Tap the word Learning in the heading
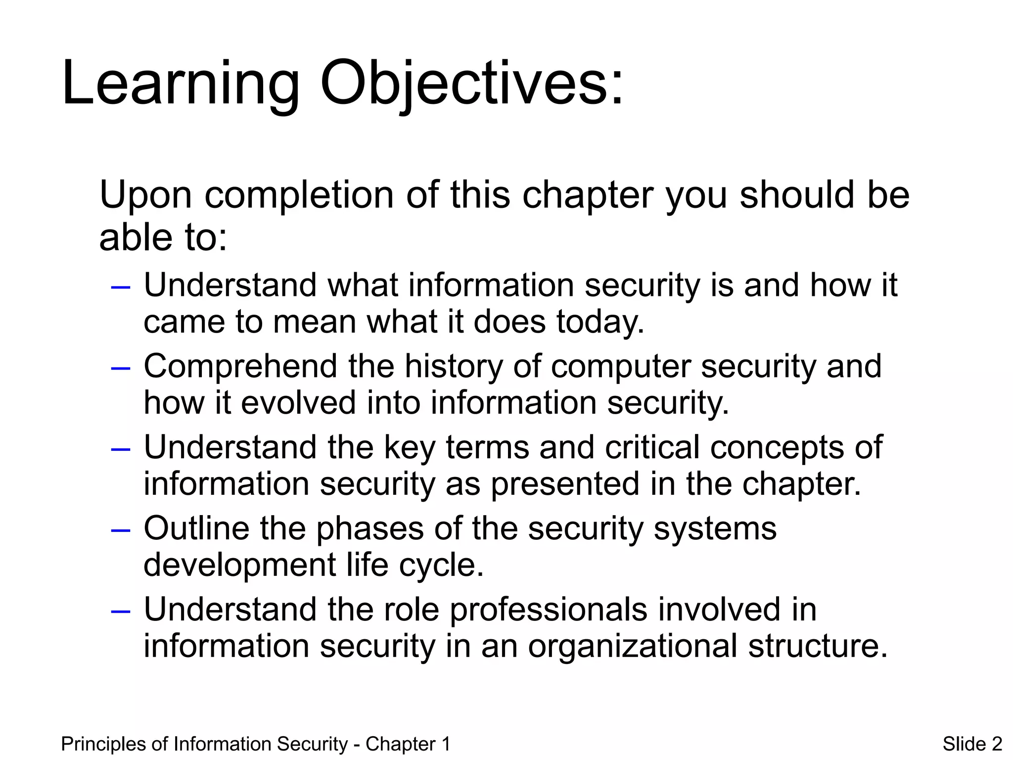181,83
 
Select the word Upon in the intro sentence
145,195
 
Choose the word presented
564,484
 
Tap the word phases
370,528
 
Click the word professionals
548,610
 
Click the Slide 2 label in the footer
972,744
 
